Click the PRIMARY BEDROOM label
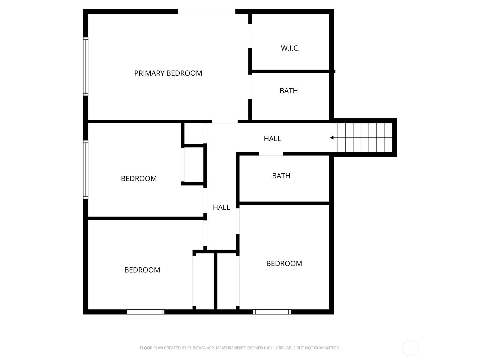(x=168, y=73)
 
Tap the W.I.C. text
(x=290, y=48)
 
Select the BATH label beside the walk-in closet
(x=289, y=91)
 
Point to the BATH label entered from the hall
(x=281, y=176)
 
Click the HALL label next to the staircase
(x=272, y=139)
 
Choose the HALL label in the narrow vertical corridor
(x=221, y=207)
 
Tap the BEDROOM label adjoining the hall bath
(x=284, y=263)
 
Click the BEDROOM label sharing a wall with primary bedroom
(x=139, y=178)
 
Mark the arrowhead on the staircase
(x=332, y=138)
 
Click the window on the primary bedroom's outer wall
(x=86, y=66)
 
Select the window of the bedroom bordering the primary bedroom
(x=86, y=169)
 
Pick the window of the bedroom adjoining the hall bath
(x=272, y=312)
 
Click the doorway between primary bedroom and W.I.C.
(x=250, y=36)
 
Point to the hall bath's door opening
(x=271, y=154)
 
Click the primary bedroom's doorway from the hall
(x=225, y=121)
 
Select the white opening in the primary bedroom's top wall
(x=206, y=12)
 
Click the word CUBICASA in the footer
(x=196, y=348)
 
